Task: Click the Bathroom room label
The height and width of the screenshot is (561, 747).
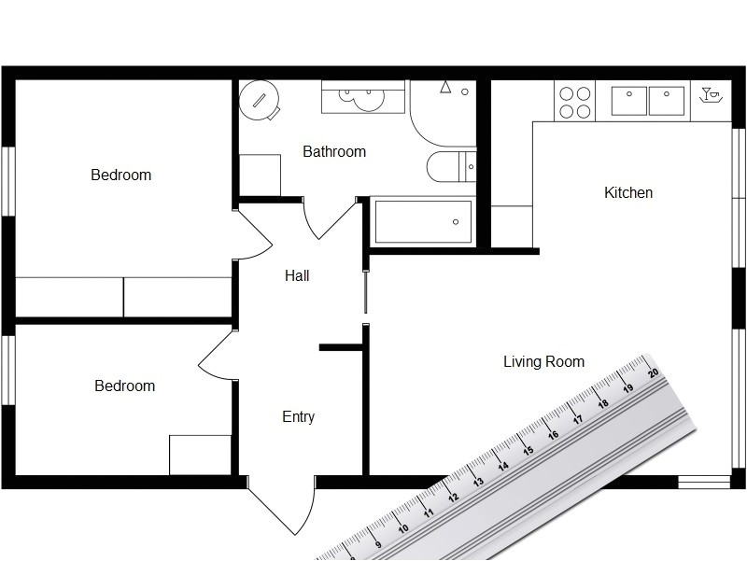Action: click(x=334, y=151)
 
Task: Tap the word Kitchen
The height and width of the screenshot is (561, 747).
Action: click(x=628, y=193)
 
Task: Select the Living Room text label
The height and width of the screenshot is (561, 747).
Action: click(x=543, y=362)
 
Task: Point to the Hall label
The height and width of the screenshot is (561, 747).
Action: click(x=297, y=276)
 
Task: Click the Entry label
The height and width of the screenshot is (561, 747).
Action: click(x=298, y=417)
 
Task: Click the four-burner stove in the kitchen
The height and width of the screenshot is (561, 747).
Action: click(x=574, y=103)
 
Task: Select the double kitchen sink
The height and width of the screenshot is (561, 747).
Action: click(x=649, y=101)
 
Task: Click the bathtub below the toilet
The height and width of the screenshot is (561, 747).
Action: click(x=423, y=222)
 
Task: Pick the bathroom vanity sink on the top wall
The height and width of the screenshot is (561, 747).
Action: click(x=363, y=96)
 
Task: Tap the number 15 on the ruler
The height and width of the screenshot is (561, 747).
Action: click(x=528, y=450)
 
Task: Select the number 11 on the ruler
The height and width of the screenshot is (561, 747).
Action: click(x=430, y=512)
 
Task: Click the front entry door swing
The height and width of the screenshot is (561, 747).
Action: click(x=279, y=509)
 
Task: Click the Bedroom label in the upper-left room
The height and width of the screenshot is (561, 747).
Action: click(x=120, y=175)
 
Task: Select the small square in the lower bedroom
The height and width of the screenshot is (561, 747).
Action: click(x=200, y=455)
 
